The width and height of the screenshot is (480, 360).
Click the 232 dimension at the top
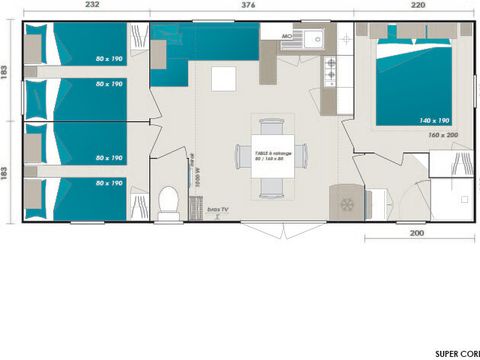click(91, 5)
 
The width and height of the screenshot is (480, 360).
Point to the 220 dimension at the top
click(414, 5)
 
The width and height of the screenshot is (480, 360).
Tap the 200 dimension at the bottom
click(417, 233)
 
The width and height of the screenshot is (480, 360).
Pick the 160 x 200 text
click(441, 135)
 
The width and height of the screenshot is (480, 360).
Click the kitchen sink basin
click(311, 41)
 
